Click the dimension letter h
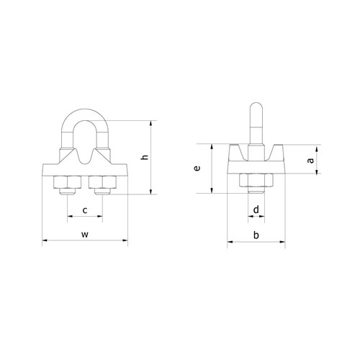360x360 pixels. click(x=145, y=157)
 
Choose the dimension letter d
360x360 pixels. click(x=256, y=210)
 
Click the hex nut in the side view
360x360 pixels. click(x=256, y=182)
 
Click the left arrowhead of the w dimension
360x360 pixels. click(x=45, y=241)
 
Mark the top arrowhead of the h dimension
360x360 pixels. click(x=152, y=122)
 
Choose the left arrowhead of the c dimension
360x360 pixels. click(x=69, y=217)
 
